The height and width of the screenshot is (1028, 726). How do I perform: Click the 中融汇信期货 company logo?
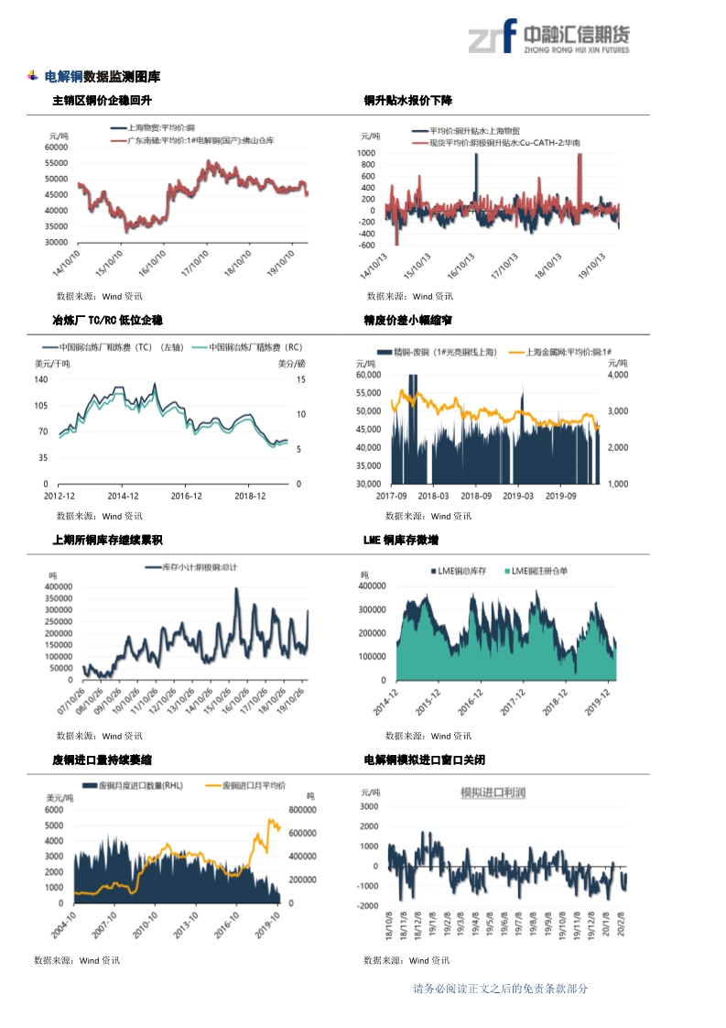tap(548, 38)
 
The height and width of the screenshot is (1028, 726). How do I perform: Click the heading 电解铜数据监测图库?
tap(103, 76)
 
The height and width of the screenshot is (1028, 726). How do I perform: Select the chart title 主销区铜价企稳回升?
tap(102, 100)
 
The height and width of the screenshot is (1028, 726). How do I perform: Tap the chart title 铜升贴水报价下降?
tap(407, 100)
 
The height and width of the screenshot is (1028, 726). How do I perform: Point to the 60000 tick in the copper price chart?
tap(57, 147)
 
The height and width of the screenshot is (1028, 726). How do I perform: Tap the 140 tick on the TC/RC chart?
tap(42, 379)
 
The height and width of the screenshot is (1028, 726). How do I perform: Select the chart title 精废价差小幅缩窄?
tap(407, 320)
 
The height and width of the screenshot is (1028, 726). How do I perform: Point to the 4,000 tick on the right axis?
tap(617, 375)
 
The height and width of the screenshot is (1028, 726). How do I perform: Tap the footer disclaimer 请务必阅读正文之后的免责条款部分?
tap(500, 989)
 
